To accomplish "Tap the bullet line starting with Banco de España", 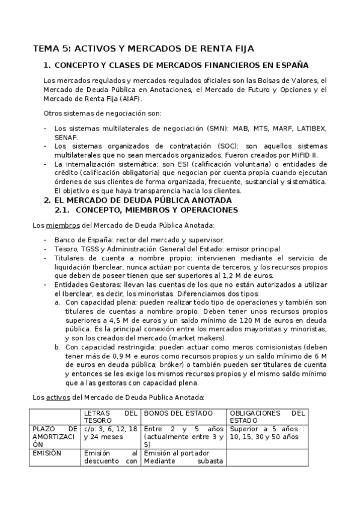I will [139, 239].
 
